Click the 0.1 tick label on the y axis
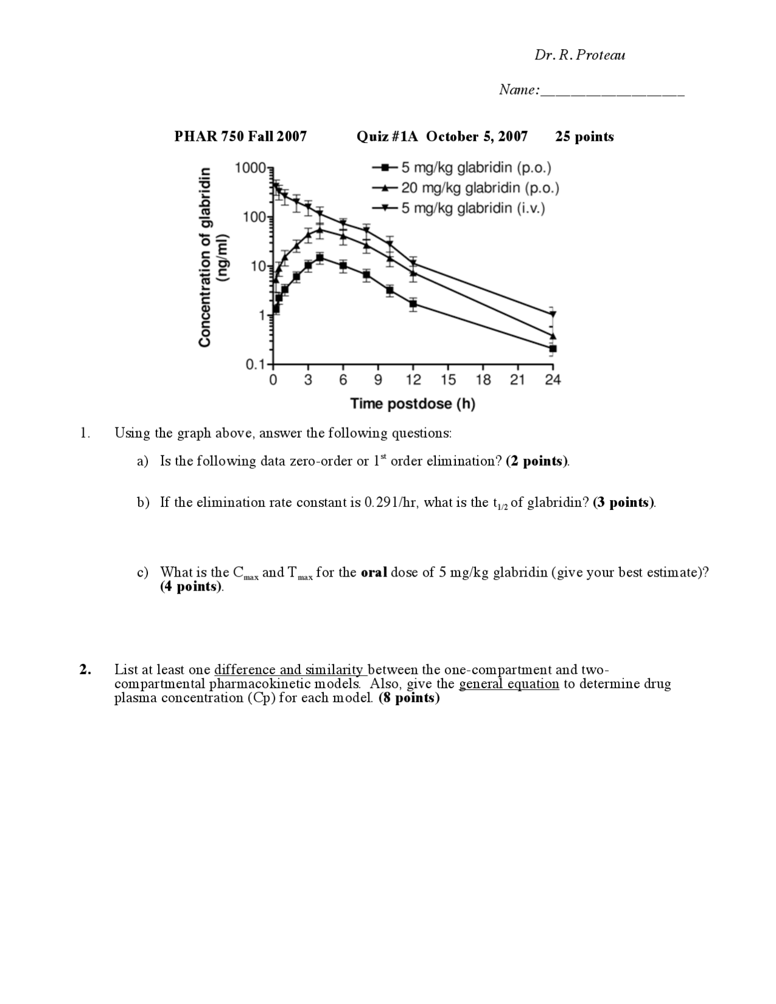point(255,365)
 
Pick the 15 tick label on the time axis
point(448,380)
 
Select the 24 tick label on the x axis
point(552,380)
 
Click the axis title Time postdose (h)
point(412,404)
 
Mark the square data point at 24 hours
point(552,349)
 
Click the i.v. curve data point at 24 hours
point(552,315)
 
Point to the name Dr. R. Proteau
point(580,55)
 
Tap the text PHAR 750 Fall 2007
point(241,136)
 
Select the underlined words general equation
point(509,684)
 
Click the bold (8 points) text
point(409,698)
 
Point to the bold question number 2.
point(85,670)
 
